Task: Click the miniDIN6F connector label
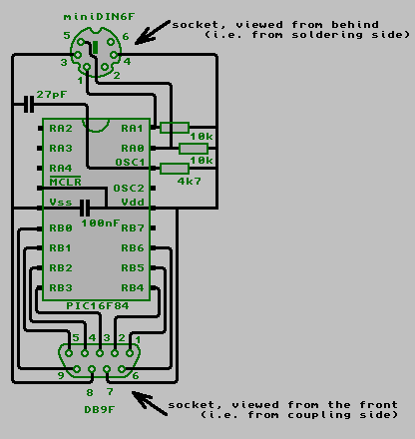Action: tap(99, 17)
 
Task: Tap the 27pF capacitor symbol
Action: tap(29, 105)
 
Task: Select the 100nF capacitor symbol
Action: tap(85, 209)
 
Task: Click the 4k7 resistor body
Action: tap(175, 169)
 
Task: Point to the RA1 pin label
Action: tap(132, 129)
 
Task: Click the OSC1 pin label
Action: tap(130, 163)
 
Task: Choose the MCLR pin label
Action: tap(65, 182)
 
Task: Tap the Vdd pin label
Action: tap(133, 203)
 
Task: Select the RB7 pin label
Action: tap(133, 228)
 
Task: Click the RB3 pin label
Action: tap(61, 288)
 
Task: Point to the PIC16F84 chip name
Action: tap(98, 306)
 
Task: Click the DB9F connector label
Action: tap(100, 410)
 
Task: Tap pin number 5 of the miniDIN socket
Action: tap(67, 35)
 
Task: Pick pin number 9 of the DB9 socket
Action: tap(61, 375)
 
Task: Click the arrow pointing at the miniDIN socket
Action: tap(153, 32)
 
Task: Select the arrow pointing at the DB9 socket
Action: tap(150, 403)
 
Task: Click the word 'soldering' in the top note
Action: tap(327, 35)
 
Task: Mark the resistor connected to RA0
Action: tap(194, 149)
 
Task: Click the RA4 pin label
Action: tap(61, 169)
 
